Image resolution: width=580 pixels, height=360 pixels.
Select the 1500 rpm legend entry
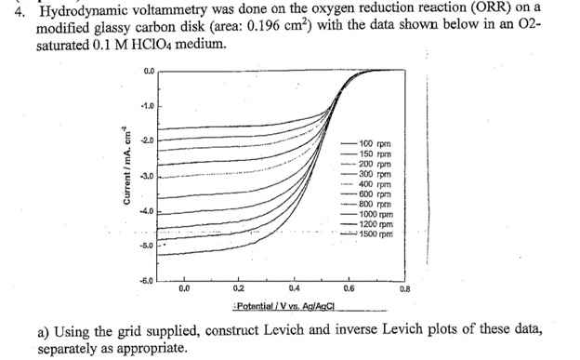click(x=377, y=233)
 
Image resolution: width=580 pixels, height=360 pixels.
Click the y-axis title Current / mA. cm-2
click(x=120, y=176)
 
